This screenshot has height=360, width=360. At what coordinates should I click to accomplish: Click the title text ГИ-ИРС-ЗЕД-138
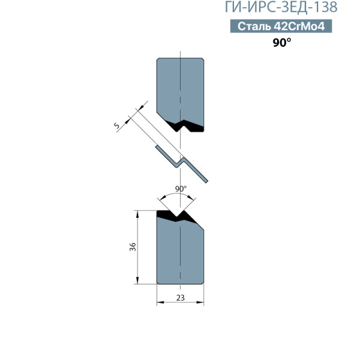pyautogui.click(x=281, y=7)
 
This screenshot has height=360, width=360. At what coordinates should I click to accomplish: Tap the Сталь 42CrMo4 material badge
pyautogui.click(x=281, y=26)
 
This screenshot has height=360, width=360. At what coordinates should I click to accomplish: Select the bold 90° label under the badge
pyautogui.click(x=282, y=43)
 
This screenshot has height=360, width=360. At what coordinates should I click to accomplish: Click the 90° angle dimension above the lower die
pyautogui.click(x=181, y=189)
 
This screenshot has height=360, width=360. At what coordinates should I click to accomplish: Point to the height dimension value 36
pyautogui.click(x=133, y=247)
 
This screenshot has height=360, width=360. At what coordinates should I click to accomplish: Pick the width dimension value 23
pyautogui.click(x=181, y=298)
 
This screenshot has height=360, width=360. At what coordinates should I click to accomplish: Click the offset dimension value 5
pyautogui.click(x=116, y=125)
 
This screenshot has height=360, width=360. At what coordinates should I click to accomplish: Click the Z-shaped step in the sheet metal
pyautogui.click(x=181, y=163)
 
